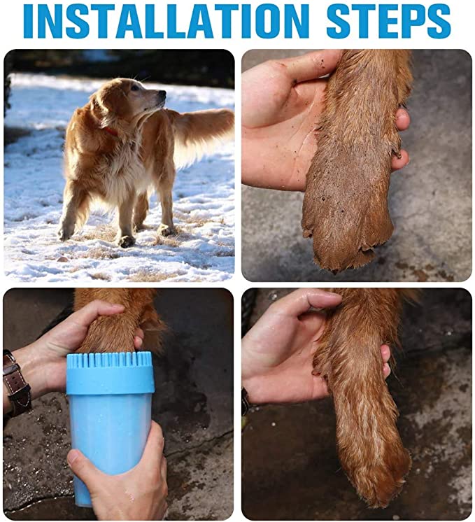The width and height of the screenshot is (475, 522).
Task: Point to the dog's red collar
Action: [x=110, y=131]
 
